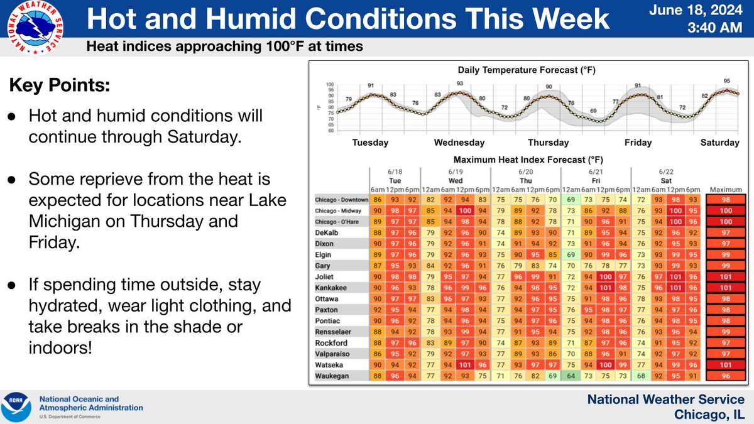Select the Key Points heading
click(59, 86)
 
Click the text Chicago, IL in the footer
click(709, 414)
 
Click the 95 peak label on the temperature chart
click(728, 81)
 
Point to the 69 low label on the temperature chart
click(593, 111)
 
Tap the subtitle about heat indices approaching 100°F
click(224, 47)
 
